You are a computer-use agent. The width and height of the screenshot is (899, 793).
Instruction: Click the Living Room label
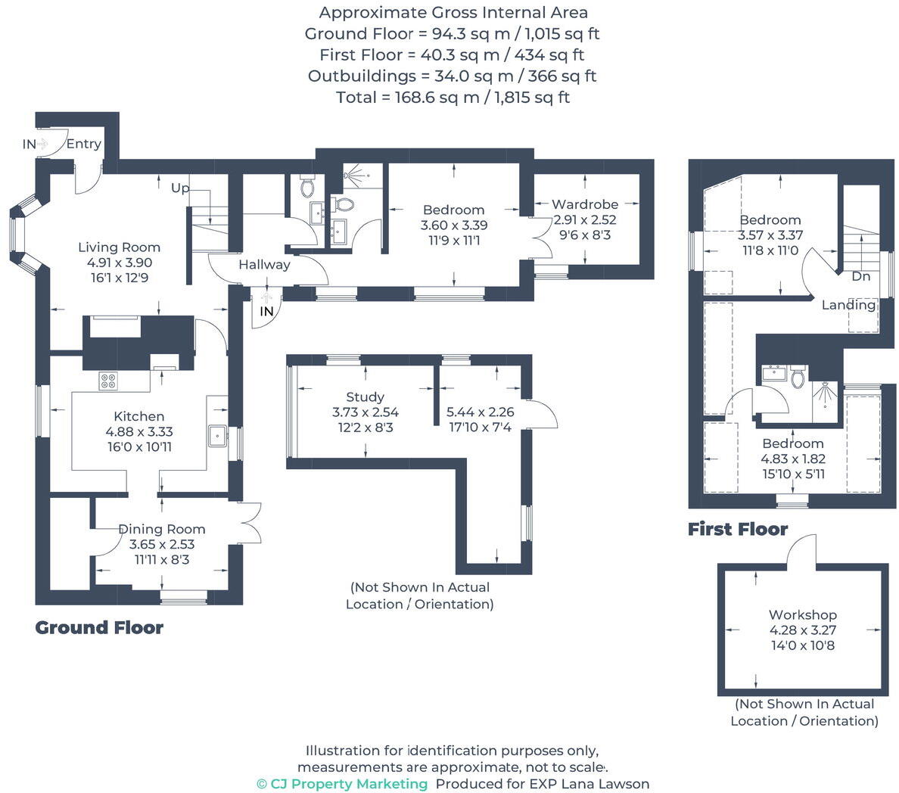pos(120,247)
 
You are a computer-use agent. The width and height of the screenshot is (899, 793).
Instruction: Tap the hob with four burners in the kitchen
pos(107,381)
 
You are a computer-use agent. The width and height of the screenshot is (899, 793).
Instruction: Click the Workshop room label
pos(802,614)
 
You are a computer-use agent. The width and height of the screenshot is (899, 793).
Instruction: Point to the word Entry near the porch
pos(83,144)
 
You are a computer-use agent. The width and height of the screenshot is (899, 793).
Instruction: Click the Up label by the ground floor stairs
pos(179,188)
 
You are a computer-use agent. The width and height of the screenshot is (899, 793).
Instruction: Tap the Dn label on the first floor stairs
pos(860,276)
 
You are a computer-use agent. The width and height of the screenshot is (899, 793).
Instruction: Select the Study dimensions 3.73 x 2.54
pos(365,412)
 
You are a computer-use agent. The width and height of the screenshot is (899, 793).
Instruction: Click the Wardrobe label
pos(584,204)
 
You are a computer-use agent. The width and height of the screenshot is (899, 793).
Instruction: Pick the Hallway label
pos(264,265)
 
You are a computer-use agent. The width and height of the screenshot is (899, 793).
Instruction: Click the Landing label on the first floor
pos(848,305)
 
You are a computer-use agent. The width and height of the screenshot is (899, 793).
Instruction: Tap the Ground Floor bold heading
pos(99,627)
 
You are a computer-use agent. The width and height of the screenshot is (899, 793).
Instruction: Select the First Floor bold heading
pos(737,529)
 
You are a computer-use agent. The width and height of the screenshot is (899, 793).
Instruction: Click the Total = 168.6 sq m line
pos(453,97)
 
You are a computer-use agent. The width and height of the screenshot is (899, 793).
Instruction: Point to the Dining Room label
pos(161,529)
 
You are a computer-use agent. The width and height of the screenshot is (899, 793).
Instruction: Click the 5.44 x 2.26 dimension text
pos(480,412)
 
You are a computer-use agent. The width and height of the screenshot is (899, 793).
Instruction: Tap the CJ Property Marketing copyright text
pos(342,784)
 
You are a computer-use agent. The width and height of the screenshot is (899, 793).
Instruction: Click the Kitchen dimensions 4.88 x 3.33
pos(139,431)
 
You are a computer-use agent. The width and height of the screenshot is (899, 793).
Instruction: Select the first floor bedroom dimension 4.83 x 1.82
pos(792,459)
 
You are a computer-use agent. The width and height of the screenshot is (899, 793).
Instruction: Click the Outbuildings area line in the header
pos(453,76)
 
